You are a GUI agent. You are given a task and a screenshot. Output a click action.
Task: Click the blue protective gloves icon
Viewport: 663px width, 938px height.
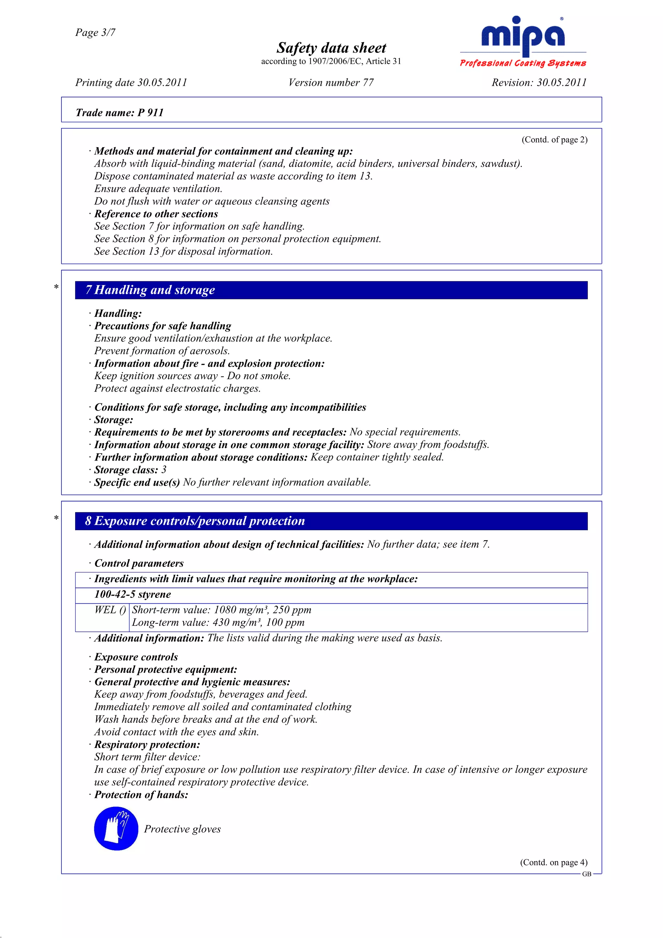pos(116,829)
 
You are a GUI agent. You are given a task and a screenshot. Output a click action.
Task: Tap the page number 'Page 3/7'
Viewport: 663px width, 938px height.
pos(95,32)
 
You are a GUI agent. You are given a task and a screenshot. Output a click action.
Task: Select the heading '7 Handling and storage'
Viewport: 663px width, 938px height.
pos(150,290)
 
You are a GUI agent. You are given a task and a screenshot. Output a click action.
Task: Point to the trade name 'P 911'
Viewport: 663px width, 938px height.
pos(150,113)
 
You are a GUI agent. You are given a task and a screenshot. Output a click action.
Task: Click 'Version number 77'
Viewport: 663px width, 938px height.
pos(331,83)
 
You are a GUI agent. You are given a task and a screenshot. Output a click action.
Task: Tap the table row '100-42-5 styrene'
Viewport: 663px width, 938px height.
pos(133,594)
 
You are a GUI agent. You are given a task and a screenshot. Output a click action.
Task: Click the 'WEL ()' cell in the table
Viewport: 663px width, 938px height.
pos(110,610)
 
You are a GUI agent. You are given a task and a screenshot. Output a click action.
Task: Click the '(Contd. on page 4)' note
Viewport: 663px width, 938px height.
pos(554,862)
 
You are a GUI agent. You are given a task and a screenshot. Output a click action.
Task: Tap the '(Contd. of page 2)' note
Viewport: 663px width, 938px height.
pos(554,140)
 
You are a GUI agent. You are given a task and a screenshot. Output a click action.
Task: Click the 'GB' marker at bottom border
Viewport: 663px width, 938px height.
pos(587,874)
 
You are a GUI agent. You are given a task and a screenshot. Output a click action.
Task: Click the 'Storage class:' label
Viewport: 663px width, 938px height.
pos(126,470)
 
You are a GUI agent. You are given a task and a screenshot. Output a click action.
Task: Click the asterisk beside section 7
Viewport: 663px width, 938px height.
pos(56,287)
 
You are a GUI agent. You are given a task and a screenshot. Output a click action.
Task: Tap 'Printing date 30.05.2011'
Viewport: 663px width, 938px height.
pos(131,83)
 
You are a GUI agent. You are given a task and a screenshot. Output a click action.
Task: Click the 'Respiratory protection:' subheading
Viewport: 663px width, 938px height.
pos(147,744)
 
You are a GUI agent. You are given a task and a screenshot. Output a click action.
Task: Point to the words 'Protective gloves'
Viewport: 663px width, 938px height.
pos(182,829)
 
